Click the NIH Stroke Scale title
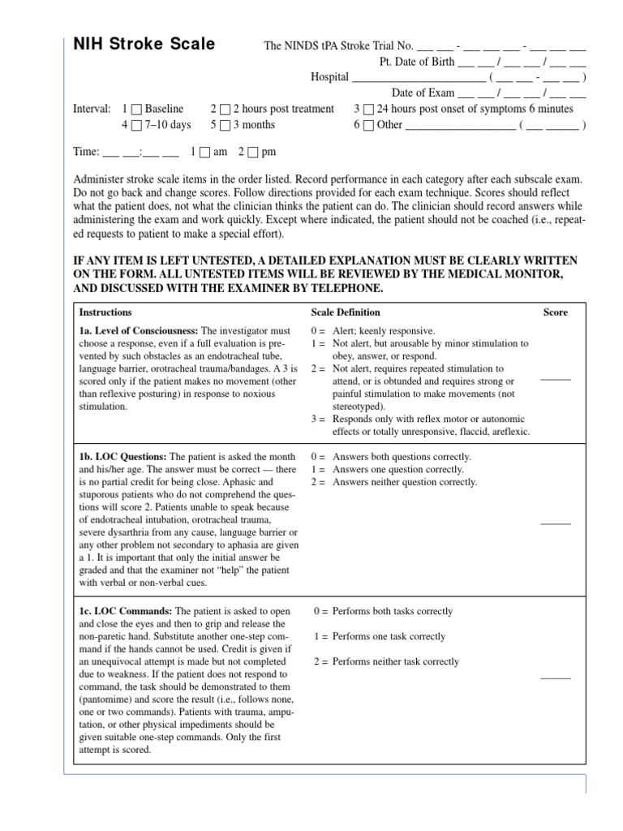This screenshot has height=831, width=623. [144, 45]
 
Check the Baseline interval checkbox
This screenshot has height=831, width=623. [136, 109]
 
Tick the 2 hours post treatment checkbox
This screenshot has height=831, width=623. [225, 109]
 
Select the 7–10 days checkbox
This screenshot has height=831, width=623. [136, 125]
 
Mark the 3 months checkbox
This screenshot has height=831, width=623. [225, 125]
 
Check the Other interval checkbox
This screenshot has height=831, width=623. [368, 125]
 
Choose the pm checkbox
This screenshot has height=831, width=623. [253, 152]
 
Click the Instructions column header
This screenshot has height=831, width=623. [105, 312]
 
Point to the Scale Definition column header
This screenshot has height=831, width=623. [346, 312]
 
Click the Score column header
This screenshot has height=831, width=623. [556, 312]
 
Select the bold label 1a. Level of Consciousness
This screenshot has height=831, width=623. [139, 331]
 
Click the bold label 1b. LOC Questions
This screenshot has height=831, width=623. [122, 457]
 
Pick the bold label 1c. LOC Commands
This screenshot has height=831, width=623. [125, 611]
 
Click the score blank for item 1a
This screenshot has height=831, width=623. [556, 379]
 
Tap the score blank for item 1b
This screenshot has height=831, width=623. [556, 523]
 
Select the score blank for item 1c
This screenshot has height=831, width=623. [556, 677]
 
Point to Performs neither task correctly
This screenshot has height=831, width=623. [395, 661]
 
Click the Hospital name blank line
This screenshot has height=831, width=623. [419, 77]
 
